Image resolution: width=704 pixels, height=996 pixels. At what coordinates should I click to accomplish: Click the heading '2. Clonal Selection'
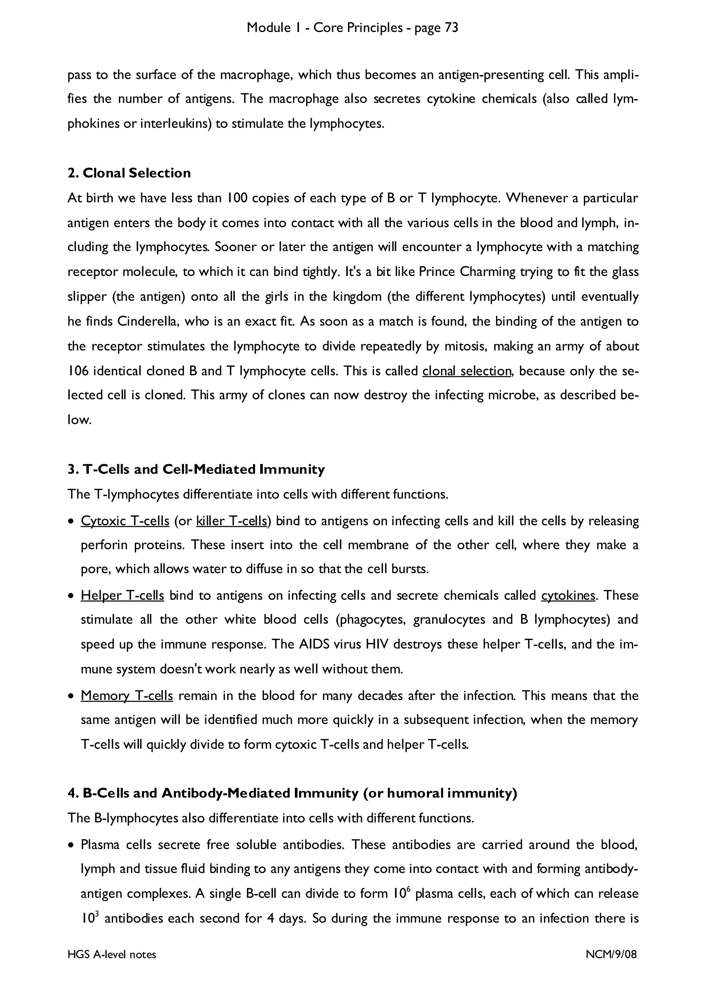(x=129, y=173)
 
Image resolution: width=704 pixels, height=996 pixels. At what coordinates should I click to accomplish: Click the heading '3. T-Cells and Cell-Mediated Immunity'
(x=196, y=469)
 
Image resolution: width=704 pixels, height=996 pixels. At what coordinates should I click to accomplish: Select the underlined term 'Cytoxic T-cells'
(x=125, y=521)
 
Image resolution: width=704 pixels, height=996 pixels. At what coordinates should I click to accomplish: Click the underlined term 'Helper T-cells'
(x=122, y=595)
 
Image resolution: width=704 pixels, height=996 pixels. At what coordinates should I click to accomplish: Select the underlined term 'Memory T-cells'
(x=126, y=696)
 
